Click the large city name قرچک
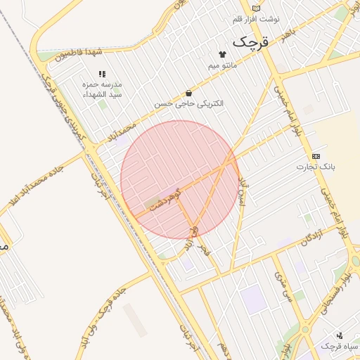coord(250,41)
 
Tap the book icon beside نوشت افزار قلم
coord(256,8)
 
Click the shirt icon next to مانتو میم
coord(222,53)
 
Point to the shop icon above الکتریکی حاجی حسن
coord(188,93)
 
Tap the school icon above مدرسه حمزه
coord(103,73)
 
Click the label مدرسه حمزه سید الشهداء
coord(103,89)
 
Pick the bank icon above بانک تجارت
coord(316,156)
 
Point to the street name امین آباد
coord(243,193)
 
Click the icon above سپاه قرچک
coord(340,335)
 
